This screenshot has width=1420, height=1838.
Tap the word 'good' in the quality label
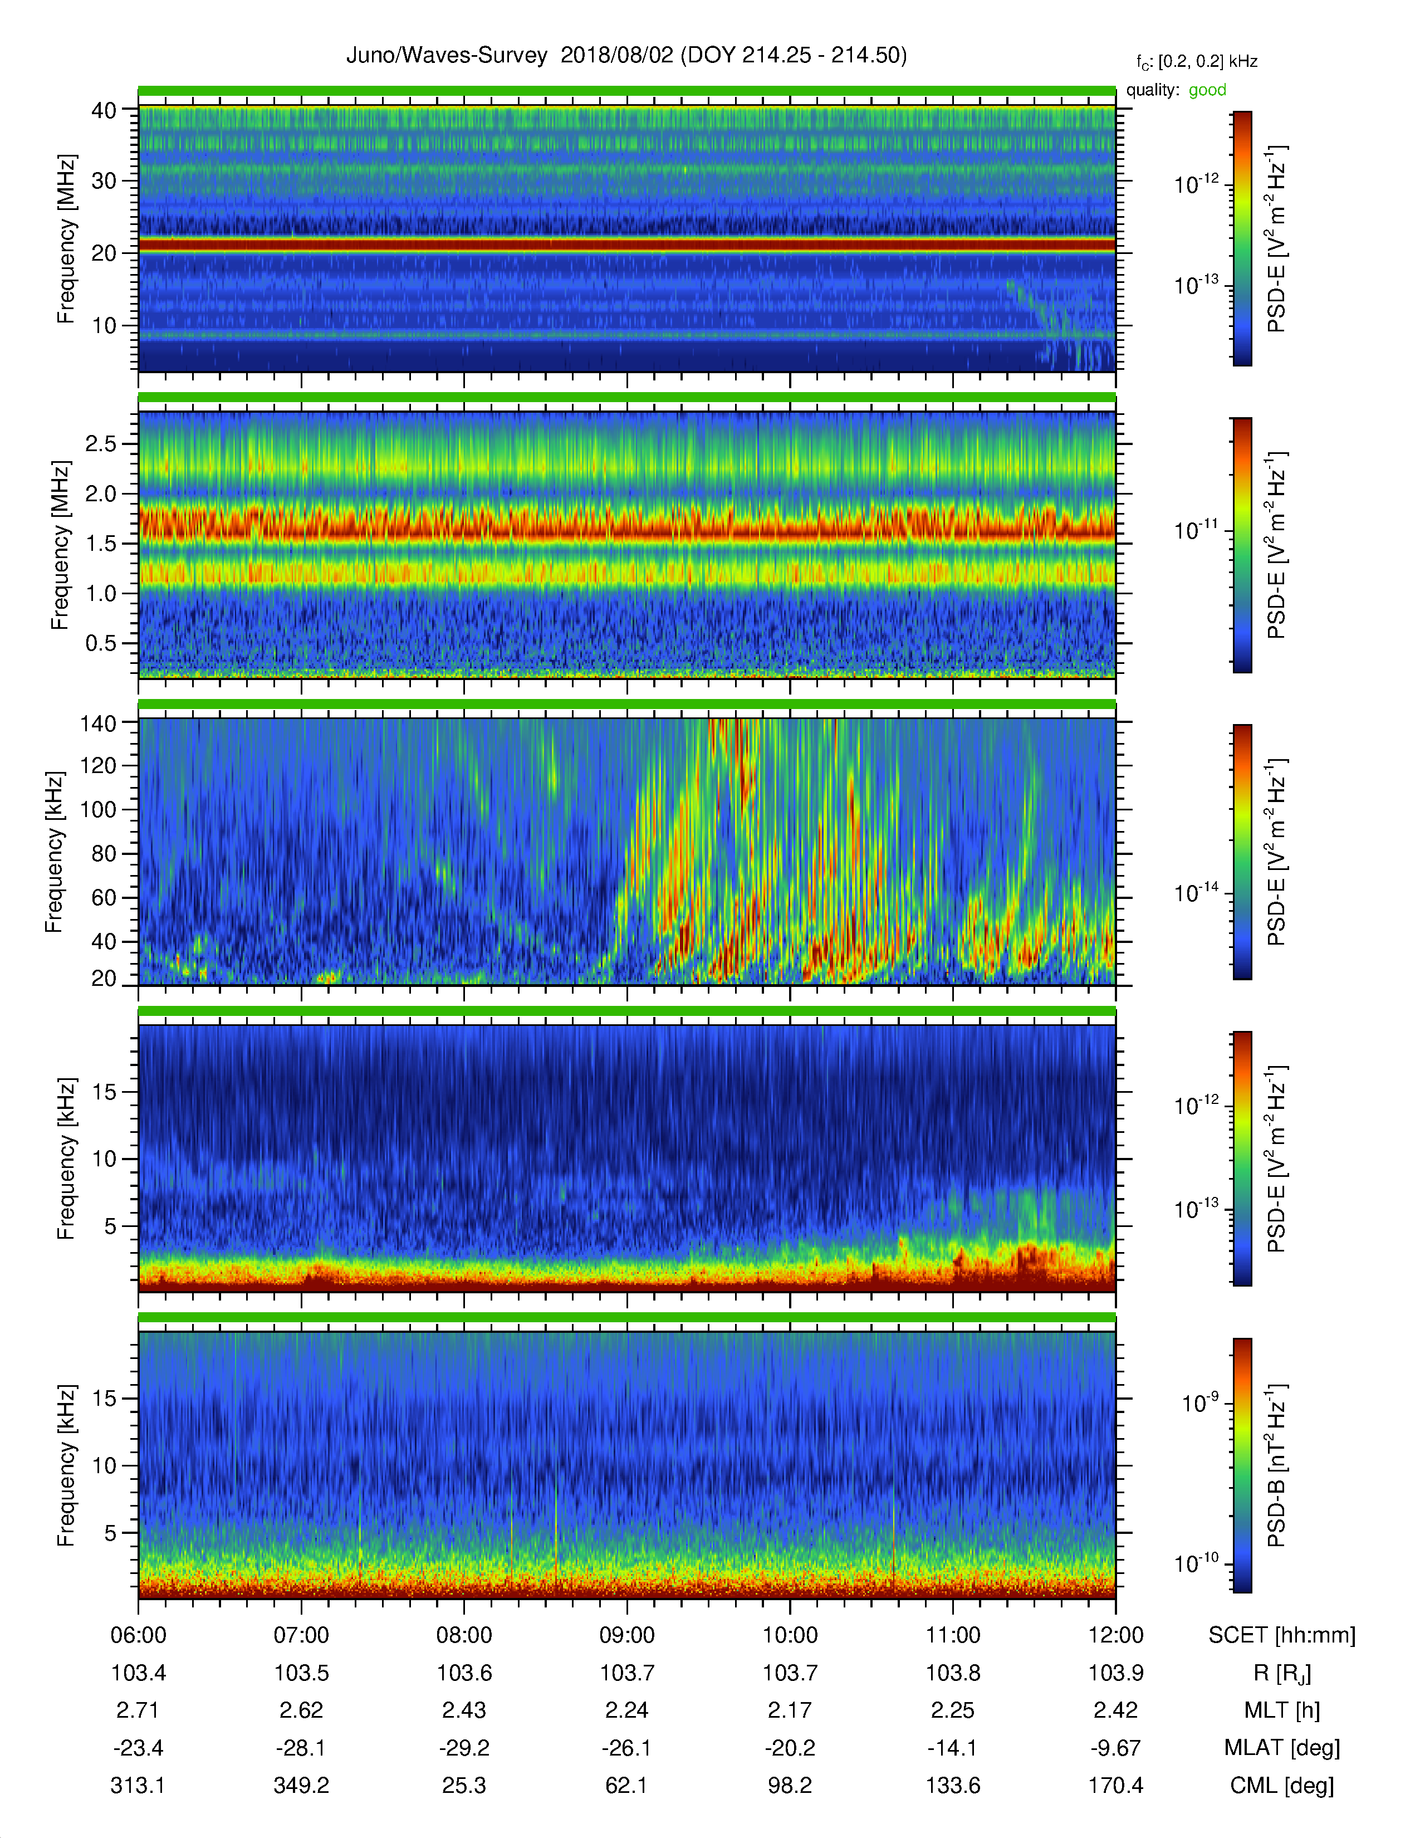click(1207, 90)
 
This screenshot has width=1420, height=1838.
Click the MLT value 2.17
click(790, 1709)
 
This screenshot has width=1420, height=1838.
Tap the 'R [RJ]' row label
click(1282, 1673)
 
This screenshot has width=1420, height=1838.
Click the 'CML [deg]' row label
click(1282, 1785)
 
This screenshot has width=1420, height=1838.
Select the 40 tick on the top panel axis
click(104, 110)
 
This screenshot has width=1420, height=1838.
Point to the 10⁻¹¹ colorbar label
click(1196, 530)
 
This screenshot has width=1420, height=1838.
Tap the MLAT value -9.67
click(1115, 1747)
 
